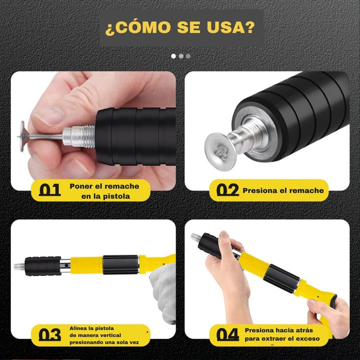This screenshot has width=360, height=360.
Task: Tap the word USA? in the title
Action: pyautogui.click(x=230, y=27)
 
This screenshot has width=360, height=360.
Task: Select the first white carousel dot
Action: pyautogui.click(x=174, y=56)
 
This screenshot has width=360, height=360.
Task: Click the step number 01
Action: pyautogui.click(x=50, y=190)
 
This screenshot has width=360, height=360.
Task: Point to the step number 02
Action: pyautogui.click(x=228, y=190)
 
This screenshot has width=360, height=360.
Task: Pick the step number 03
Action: pyautogui.click(x=50, y=335)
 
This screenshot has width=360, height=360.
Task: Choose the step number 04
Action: pyautogui.click(x=228, y=335)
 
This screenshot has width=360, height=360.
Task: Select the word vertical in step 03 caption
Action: pyautogui.click(x=110, y=335)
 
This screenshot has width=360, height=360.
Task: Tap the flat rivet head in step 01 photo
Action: pyautogui.click(x=22, y=136)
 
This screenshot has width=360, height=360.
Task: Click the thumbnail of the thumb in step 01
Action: pyautogui.click(x=48, y=116)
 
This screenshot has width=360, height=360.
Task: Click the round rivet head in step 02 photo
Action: pyautogui.click(x=220, y=152)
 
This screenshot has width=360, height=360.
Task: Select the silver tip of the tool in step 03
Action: pyautogui.click(x=19, y=266)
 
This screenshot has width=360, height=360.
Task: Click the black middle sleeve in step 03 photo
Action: pyautogui.click(x=121, y=264)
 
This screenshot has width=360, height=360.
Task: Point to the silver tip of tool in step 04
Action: pyautogui.click(x=195, y=237)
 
